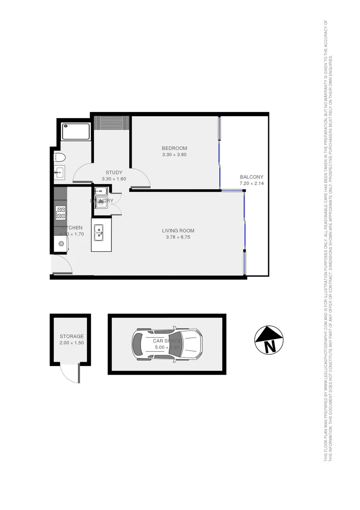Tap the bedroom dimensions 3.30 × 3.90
click(175, 155)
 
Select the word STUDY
click(114, 172)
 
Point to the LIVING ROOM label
click(178, 231)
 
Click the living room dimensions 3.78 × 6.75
click(178, 238)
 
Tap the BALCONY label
click(251, 177)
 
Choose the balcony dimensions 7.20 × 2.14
click(251, 184)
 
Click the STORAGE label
click(71, 336)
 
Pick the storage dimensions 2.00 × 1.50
click(71, 343)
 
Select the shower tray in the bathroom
click(76, 131)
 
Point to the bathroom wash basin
click(59, 172)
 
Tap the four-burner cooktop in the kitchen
click(60, 213)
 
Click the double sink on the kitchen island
click(99, 233)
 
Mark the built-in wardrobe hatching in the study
click(112, 122)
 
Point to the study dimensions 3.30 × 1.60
click(114, 179)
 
